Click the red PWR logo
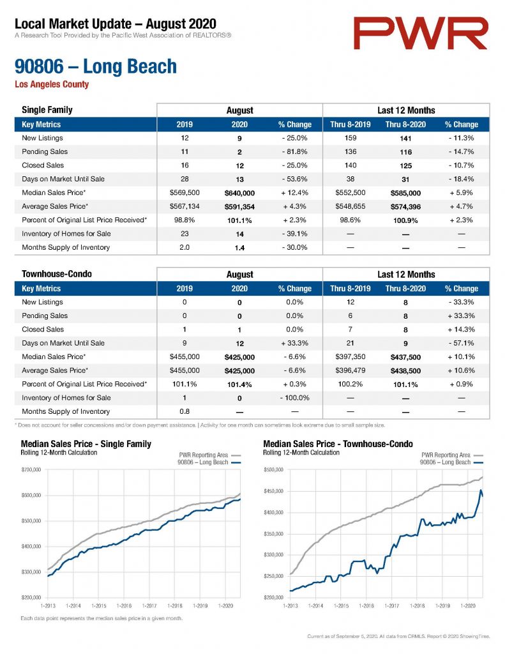(x=420, y=33)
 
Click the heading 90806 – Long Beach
(x=96, y=66)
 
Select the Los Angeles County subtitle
(x=52, y=84)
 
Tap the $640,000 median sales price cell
(x=239, y=193)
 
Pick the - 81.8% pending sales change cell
(x=294, y=152)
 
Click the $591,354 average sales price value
(x=239, y=207)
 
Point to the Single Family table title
(x=47, y=110)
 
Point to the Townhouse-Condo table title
(x=57, y=274)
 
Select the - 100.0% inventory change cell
(x=294, y=398)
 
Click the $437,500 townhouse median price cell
(x=405, y=358)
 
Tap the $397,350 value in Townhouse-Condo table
(x=350, y=357)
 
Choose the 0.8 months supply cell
(x=185, y=412)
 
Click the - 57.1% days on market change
(x=461, y=343)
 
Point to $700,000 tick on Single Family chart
(x=31, y=469)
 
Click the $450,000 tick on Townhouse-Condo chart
(x=273, y=491)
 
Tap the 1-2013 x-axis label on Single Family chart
(x=48, y=605)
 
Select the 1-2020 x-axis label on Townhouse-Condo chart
(x=467, y=605)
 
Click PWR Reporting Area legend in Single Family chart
(x=204, y=455)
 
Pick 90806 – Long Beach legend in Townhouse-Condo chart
(x=445, y=462)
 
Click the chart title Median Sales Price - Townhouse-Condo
(x=338, y=445)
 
